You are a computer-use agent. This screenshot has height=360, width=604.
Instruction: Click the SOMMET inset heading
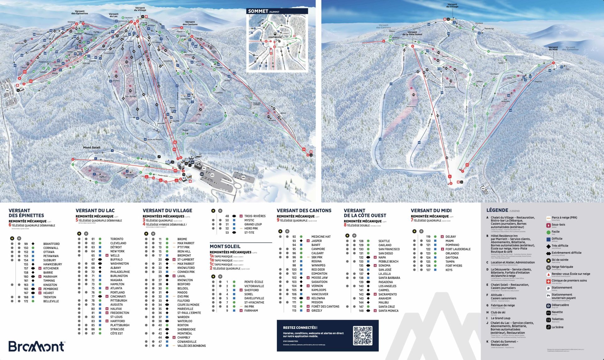pyautogui.click(x=258, y=11)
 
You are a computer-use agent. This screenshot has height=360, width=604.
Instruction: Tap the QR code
pyautogui.click(x=362, y=335)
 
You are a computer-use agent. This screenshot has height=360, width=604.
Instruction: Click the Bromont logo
pyautogui.click(x=36, y=346)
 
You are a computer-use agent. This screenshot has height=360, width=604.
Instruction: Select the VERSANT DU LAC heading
pyautogui.click(x=95, y=210)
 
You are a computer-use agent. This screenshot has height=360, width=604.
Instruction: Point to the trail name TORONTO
pyautogui.click(x=117, y=239)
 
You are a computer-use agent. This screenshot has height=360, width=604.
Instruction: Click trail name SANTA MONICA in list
pyautogui.click(x=388, y=311)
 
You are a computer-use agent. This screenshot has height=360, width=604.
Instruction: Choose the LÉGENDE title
pyautogui.click(x=497, y=210)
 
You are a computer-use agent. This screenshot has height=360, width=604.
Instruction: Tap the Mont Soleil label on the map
pyautogui.click(x=92, y=147)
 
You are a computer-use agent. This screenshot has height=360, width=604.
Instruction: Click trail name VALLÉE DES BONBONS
pyautogui.click(x=191, y=346)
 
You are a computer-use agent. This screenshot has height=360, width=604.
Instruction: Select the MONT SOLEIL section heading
pyautogui.click(x=225, y=246)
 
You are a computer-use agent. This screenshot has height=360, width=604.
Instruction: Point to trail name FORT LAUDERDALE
pyautogui.click(x=458, y=249)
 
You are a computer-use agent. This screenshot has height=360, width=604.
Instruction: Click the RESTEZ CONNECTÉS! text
pyautogui.click(x=300, y=328)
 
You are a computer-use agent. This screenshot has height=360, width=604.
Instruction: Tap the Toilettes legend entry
pyautogui.click(x=557, y=319)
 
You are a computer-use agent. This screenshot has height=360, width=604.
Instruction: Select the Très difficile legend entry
pyautogui.click(x=560, y=246)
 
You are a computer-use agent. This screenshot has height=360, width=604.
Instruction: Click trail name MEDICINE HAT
pyautogui.click(x=321, y=237)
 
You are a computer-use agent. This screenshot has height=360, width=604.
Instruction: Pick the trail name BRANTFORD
pyautogui.click(x=51, y=244)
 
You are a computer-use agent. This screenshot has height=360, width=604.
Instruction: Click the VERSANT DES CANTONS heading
pyautogui.click(x=304, y=210)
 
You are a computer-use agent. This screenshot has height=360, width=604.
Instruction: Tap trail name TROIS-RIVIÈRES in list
pyautogui.click(x=255, y=216)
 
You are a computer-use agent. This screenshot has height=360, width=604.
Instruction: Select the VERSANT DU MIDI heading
pyautogui.click(x=431, y=210)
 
